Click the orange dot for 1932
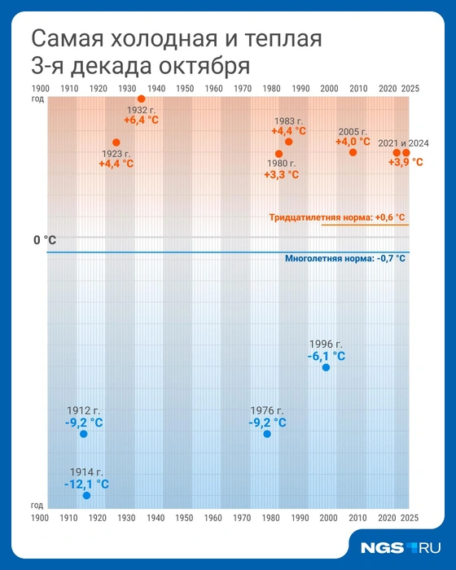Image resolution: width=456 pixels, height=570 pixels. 141,99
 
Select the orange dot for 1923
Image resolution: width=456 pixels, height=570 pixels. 116,142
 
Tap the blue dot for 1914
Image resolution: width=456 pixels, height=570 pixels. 86,495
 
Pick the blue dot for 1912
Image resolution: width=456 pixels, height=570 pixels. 83,434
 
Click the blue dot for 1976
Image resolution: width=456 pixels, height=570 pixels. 267,434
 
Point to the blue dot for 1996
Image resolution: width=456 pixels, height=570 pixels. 326,367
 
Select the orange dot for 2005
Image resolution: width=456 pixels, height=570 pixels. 353,152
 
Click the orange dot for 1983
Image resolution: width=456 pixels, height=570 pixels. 287,142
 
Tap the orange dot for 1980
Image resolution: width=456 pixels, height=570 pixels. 278,153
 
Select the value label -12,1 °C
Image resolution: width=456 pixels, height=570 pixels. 86,484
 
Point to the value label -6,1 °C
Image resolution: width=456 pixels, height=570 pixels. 326,356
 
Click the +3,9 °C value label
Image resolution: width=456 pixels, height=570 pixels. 405,162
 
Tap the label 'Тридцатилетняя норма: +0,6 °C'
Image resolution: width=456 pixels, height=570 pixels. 336,217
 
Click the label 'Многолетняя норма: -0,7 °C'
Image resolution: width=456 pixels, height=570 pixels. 344,258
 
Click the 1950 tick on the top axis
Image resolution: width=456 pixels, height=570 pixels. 185,88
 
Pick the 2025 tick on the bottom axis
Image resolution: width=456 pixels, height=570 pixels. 410,518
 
